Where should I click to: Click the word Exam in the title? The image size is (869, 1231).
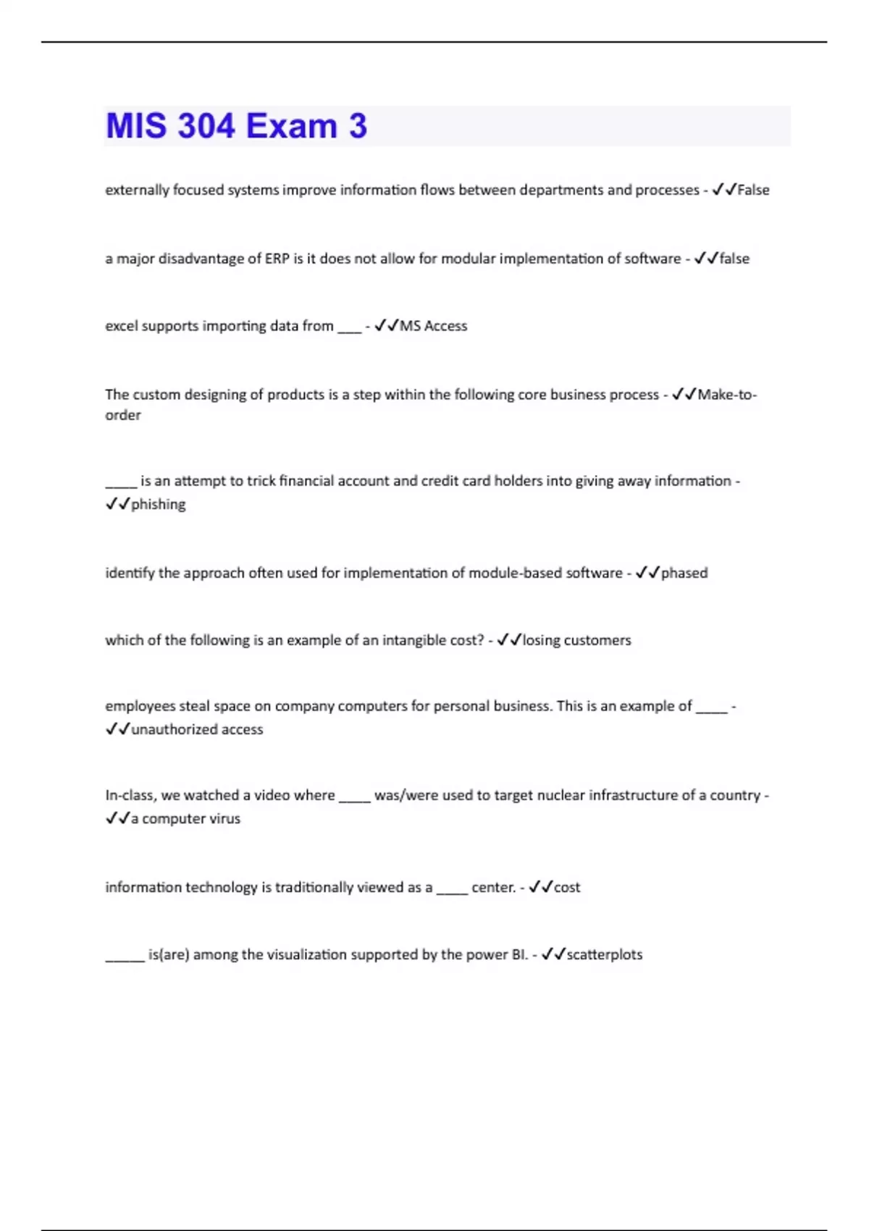point(292,126)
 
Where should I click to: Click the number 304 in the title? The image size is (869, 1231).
point(206,126)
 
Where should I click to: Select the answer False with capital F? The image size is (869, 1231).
point(753,190)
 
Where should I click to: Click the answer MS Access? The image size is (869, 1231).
point(433,326)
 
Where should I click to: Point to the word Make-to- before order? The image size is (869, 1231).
point(727,395)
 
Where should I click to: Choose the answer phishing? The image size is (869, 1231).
point(158,504)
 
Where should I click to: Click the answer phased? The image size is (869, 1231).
point(684,573)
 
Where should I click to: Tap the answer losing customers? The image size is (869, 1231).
point(576,640)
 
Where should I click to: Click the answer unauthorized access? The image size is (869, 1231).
point(197,729)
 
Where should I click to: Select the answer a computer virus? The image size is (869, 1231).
point(185,818)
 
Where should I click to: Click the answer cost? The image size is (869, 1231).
point(567,887)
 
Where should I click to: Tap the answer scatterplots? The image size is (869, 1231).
point(604,954)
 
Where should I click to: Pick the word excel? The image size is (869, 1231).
point(121,326)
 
